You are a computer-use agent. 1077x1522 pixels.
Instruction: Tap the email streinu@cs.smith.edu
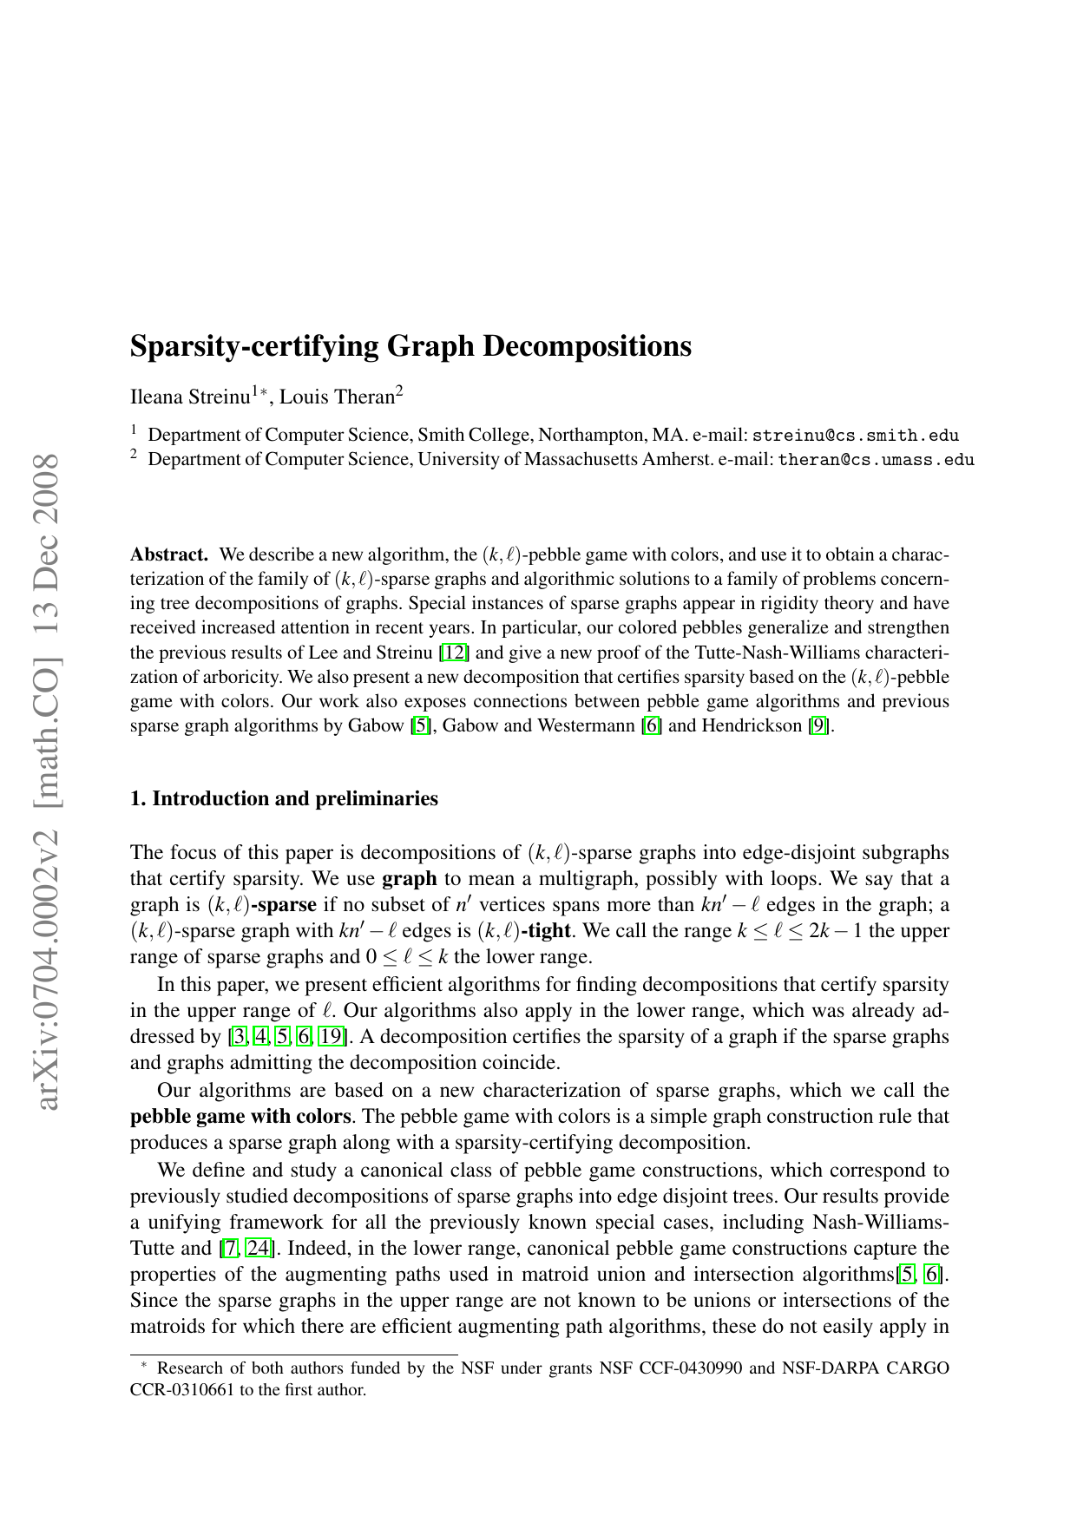point(855,436)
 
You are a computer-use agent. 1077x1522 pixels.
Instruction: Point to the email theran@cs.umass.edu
point(876,460)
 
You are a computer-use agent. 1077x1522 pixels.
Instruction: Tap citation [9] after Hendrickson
point(818,725)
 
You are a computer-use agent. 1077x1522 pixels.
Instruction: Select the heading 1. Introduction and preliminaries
point(284,798)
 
